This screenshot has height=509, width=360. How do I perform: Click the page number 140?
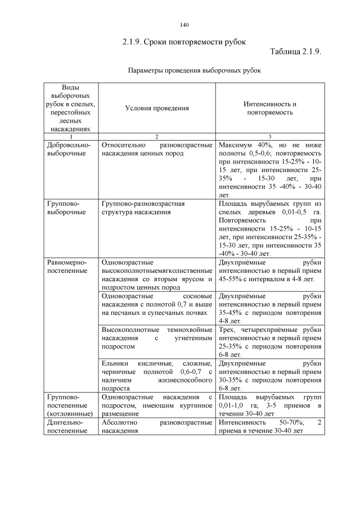tap(184, 25)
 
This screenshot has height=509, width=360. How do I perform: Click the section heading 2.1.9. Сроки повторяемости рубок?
tap(184, 42)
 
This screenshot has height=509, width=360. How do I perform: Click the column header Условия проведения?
tap(156, 108)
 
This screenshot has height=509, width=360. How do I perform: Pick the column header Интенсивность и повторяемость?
tap(270, 108)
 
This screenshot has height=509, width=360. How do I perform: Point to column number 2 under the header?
tap(156, 137)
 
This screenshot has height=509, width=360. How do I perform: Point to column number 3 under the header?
tap(270, 137)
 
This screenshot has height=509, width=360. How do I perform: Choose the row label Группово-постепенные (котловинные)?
tap(67, 405)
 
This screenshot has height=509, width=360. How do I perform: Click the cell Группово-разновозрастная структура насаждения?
tap(143, 208)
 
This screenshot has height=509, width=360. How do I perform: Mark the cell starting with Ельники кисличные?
tap(156, 376)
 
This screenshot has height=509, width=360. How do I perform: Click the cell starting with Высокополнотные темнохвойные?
tap(156, 338)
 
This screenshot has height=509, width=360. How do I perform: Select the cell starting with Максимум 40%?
tap(270, 169)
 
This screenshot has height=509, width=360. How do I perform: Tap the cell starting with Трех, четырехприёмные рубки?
tap(270, 342)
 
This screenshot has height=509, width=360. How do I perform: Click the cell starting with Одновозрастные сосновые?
tap(156, 304)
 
